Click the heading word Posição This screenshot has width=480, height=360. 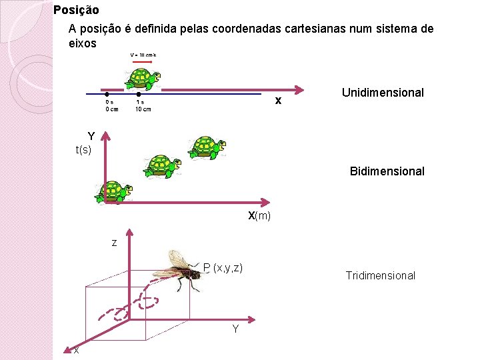76,10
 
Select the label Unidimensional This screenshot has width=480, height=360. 383,93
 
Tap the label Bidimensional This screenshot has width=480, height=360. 387,171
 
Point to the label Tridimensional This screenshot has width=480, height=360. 380,275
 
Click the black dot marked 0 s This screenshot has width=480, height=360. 107,94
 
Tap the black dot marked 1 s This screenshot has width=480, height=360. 139,94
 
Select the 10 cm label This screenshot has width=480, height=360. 143,109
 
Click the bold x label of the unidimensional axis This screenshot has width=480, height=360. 279,101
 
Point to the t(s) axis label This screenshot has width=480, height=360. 83,150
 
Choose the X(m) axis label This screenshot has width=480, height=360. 259,216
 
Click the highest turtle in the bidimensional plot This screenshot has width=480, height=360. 207,147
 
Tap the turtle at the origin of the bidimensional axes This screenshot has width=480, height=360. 114,192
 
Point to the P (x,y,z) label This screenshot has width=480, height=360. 223,267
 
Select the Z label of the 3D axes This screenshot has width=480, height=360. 114,243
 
